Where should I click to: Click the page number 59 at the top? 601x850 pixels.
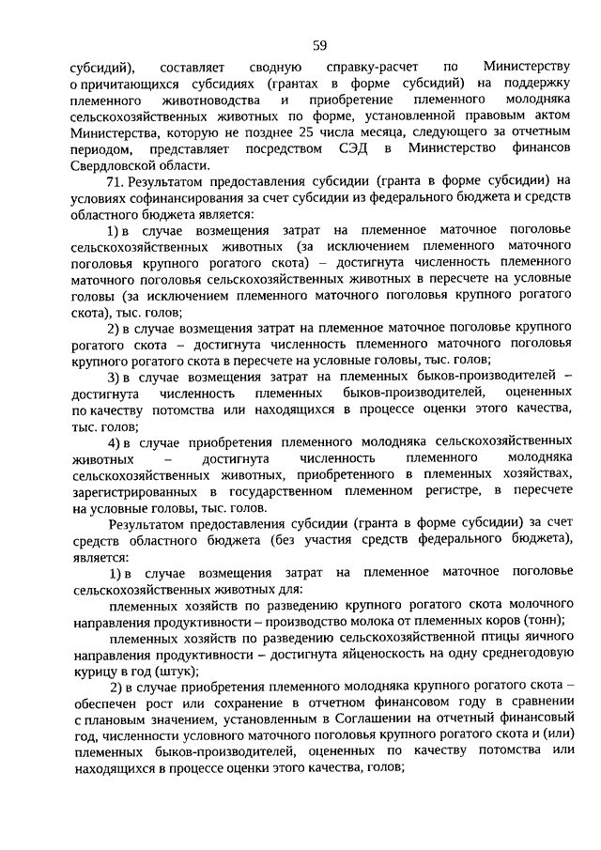tap(319, 45)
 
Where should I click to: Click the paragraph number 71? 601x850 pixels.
tap(114, 180)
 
